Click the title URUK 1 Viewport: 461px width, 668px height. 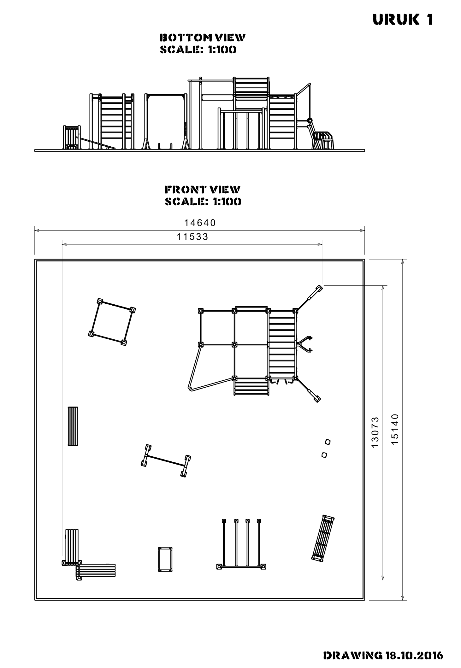tap(403, 20)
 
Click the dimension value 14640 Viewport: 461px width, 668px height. tap(200, 223)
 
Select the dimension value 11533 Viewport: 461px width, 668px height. tap(192, 237)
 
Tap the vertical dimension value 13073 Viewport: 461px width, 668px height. tap(375, 432)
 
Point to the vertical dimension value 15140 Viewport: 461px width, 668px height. tap(395, 429)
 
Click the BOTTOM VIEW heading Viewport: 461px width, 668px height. tap(203, 38)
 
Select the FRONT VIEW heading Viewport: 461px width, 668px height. tap(203, 190)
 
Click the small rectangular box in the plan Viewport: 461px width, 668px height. tap(165, 560)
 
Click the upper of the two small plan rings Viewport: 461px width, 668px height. tap(328, 442)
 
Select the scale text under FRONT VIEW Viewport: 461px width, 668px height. tap(203, 202)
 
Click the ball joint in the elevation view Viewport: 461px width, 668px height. tap(310, 120)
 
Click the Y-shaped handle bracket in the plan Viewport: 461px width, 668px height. tap(304, 344)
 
